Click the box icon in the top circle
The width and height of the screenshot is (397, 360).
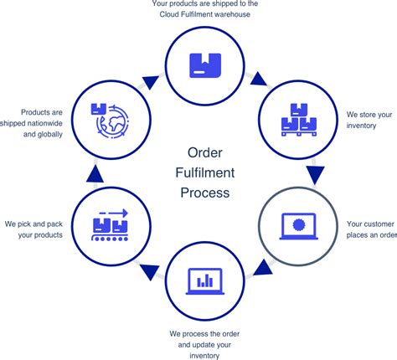pos(204,62)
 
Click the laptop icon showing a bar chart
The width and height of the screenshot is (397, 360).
pos(204,280)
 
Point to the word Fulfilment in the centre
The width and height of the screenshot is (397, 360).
pos(204,172)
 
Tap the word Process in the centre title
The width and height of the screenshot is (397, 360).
pos(204,193)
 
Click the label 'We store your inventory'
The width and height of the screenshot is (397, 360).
pos(370,120)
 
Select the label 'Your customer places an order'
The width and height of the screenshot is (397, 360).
pos(370,229)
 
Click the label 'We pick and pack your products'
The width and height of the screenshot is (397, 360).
pos(34,229)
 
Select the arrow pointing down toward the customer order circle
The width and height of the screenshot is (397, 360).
pos(317,174)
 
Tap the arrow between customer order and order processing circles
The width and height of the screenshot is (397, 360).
pos(262,268)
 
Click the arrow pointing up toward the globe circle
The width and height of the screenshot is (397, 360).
pos(93,172)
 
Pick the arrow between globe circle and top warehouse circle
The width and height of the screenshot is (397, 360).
pos(150,82)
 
